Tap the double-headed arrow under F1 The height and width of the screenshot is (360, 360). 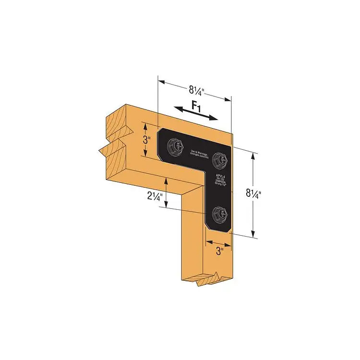(x=194, y=113)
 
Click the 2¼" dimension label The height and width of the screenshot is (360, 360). (x=155, y=196)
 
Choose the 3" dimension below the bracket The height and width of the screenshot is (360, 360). (x=219, y=250)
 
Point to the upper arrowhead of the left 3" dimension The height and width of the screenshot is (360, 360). (x=144, y=124)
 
